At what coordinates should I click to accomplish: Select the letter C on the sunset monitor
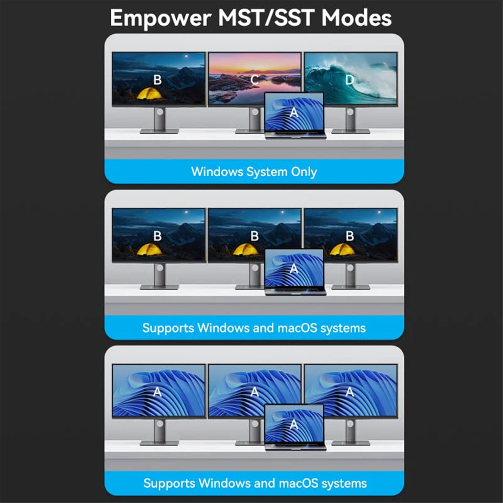(255, 80)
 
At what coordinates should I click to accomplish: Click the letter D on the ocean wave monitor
(350, 80)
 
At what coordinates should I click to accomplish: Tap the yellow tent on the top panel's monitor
(150, 93)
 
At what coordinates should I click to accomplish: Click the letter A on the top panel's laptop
(294, 112)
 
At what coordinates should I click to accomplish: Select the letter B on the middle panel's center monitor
(255, 236)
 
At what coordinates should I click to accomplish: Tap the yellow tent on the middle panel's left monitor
(150, 249)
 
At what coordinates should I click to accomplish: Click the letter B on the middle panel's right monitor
(350, 236)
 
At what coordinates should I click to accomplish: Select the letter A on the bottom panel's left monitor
(157, 392)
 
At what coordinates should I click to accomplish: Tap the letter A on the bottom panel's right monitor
(350, 392)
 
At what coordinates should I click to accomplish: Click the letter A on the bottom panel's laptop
(294, 425)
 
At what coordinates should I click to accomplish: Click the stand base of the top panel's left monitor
(159, 131)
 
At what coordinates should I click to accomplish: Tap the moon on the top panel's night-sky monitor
(187, 56)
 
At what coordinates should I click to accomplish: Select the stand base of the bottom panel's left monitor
(159, 443)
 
